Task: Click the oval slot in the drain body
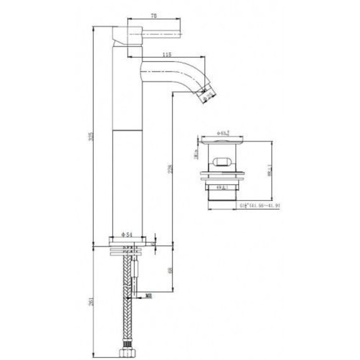coord(223,162)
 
